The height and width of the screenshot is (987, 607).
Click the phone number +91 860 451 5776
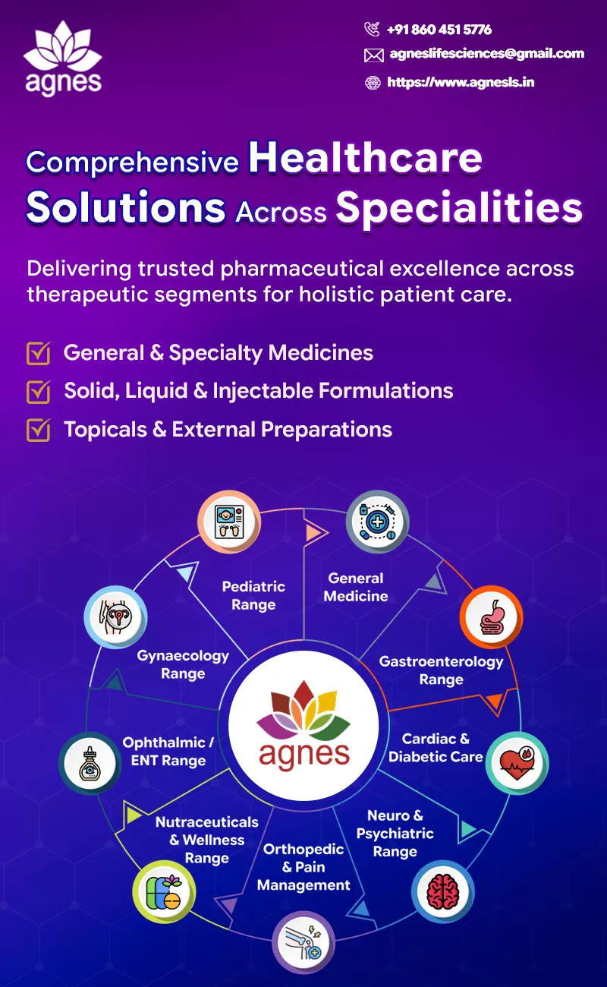tap(439, 30)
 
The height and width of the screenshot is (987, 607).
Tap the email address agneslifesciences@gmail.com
tap(487, 53)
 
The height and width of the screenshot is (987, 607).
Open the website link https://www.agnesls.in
tap(461, 82)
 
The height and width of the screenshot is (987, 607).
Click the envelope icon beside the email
tap(373, 55)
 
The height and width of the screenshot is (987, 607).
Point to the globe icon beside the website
tap(373, 83)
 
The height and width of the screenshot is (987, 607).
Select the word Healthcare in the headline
tap(366, 158)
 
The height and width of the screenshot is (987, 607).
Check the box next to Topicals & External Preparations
tap(39, 430)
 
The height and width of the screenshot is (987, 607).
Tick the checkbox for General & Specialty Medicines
tap(39, 353)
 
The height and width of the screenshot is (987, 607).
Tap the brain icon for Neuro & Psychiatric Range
tap(443, 892)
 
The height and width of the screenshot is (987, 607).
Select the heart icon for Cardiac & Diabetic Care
tap(517, 763)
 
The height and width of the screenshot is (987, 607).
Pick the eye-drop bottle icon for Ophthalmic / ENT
tap(90, 763)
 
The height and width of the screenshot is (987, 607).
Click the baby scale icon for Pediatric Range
tap(229, 522)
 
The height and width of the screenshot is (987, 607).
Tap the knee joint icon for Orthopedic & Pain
tap(303, 942)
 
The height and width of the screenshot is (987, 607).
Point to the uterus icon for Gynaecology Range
tap(116, 616)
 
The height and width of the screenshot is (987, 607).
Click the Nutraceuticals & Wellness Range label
tap(207, 840)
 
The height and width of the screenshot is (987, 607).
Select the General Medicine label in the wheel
tap(356, 587)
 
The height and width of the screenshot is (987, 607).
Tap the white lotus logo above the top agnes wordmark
tap(62, 46)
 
